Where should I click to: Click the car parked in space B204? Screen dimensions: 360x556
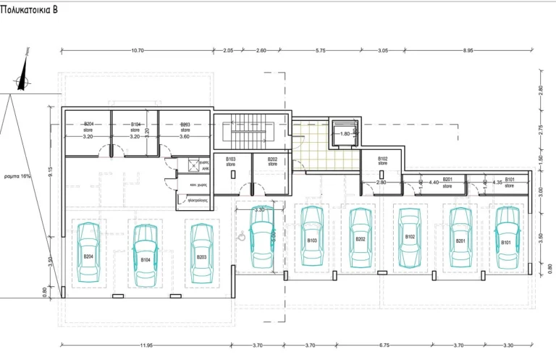pos(88,252)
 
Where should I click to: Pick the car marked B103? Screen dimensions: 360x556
pos(312,236)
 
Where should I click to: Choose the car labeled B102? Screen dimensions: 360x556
pos(410,236)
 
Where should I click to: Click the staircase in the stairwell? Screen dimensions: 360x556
pos(250,133)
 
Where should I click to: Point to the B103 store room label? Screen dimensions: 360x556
pos(231,162)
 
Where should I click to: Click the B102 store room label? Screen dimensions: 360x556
pos(383,161)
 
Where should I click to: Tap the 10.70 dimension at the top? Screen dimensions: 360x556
pos(138,51)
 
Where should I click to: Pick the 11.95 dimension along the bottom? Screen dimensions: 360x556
pos(146,346)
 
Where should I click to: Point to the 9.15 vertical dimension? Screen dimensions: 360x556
pos(50,173)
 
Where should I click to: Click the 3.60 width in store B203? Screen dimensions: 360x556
pos(184,136)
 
